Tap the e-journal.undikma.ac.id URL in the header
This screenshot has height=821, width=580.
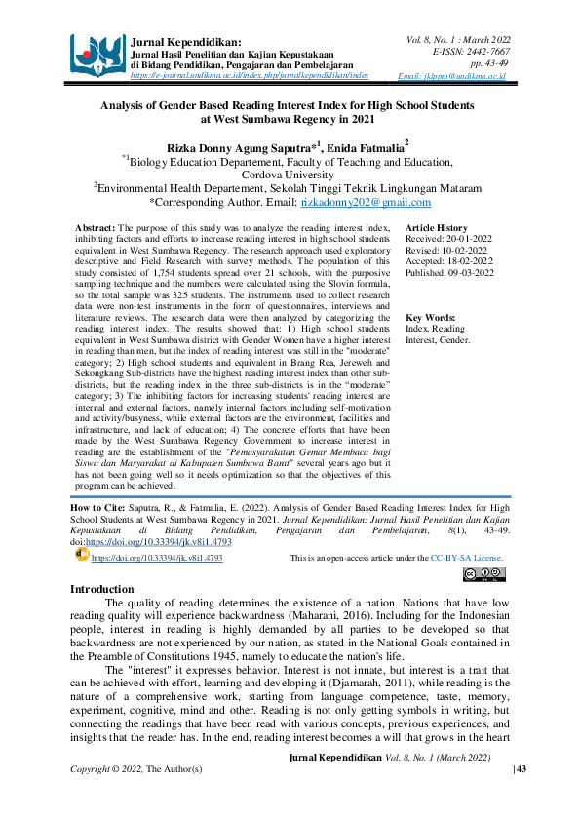250,74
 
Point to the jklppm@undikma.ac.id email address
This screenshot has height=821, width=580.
465,75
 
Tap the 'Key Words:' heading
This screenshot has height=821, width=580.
430,318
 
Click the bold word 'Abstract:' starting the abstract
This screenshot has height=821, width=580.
96,226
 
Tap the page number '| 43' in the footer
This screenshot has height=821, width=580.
492,770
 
